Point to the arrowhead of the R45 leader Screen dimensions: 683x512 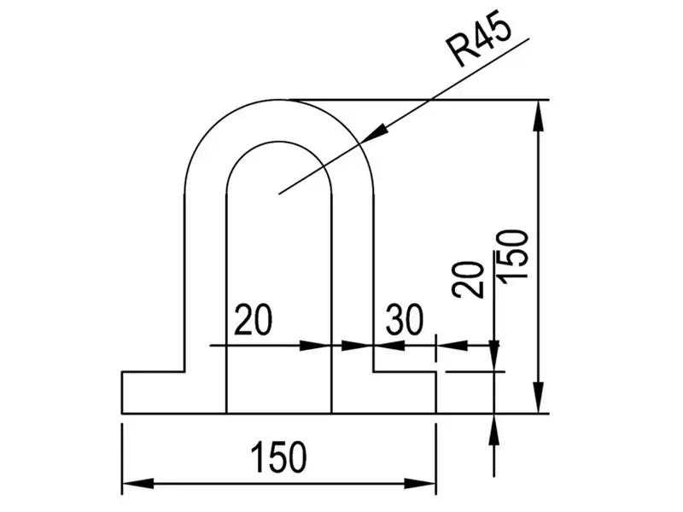374,133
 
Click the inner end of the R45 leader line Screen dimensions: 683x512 279,194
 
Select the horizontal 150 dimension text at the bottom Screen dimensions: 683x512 279,457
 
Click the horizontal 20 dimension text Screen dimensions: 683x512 253,319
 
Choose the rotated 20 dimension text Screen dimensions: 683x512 468,280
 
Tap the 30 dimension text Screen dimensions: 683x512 405,319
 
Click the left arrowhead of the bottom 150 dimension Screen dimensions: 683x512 137,483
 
